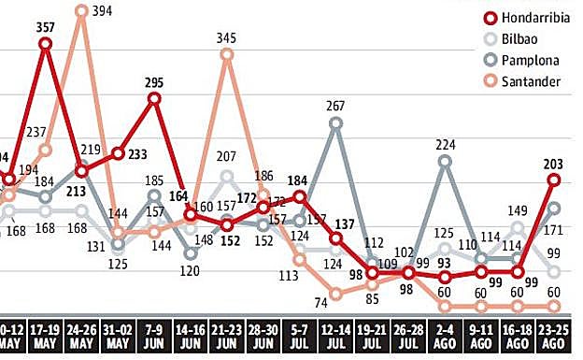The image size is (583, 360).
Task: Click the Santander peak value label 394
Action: coord(99,11)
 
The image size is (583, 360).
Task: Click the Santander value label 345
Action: coord(227,38)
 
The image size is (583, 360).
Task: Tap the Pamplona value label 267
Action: coord(336,107)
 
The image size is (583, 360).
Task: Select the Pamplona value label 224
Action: coord(446,145)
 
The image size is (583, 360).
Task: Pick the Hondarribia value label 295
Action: coord(154,81)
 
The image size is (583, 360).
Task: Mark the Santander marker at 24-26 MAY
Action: coord(82,12)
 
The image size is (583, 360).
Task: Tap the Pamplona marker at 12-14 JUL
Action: coord(336,123)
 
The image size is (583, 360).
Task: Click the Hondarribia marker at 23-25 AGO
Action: coord(554,180)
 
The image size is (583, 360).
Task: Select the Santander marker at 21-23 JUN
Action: coord(227,55)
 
